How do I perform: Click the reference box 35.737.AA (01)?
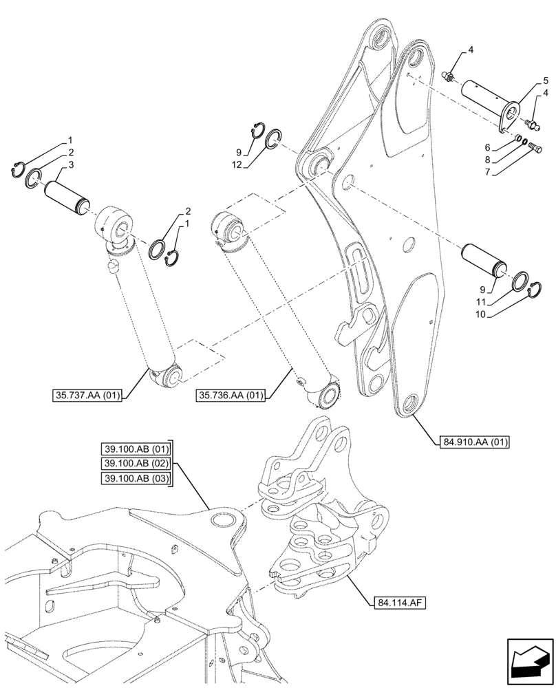pyautogui.click(x=86, y=395)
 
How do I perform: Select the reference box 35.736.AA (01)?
pyautogui.click(x=231, y=395)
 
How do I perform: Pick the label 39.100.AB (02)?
pyautogui.click(x=135, y=464)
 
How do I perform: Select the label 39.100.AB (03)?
pyautogui.click(x=135, y=478)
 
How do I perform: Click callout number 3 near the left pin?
pyautogui.click(x=72, y=165)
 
